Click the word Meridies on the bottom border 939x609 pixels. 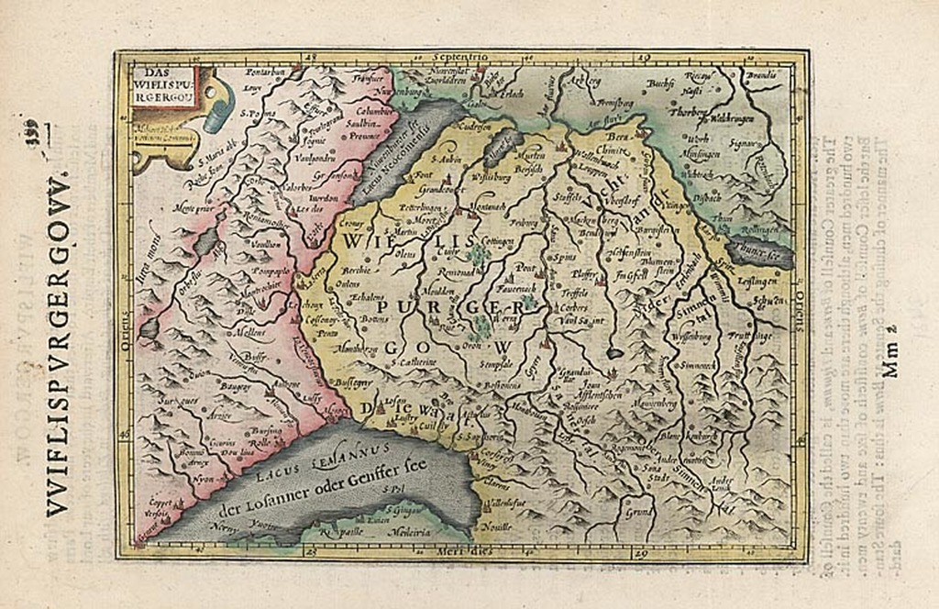469,550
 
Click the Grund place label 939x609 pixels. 638,514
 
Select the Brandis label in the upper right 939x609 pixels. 763,76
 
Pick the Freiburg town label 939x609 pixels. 524,222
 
